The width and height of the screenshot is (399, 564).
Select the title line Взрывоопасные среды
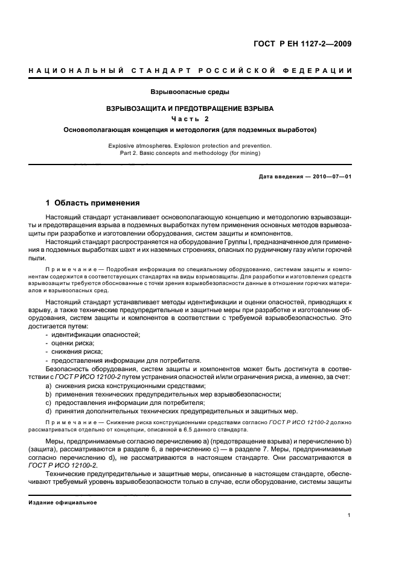(x=190, y=92)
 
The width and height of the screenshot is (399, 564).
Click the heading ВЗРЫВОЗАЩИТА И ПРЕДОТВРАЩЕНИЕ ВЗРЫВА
(x=190, y=109)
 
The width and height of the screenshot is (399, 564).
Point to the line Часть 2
(x=190, y=119)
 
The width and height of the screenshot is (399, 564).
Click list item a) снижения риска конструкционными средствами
(x=129, y=386)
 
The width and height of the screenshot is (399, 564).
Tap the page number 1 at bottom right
(x=350, y=515)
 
